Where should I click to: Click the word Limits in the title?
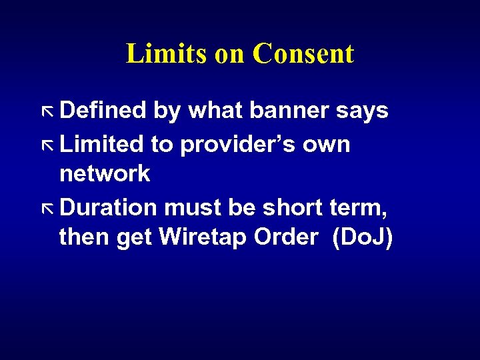(167, 54)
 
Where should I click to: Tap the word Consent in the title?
(303, 54)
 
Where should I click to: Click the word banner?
(282, 111)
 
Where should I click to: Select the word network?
(105, 174)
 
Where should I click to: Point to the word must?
(192, 207)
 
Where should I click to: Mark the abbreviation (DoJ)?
(363, 238)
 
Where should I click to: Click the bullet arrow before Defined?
(47, 111)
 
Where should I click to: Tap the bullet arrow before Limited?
(47, 145)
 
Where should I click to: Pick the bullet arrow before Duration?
(47, 208)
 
